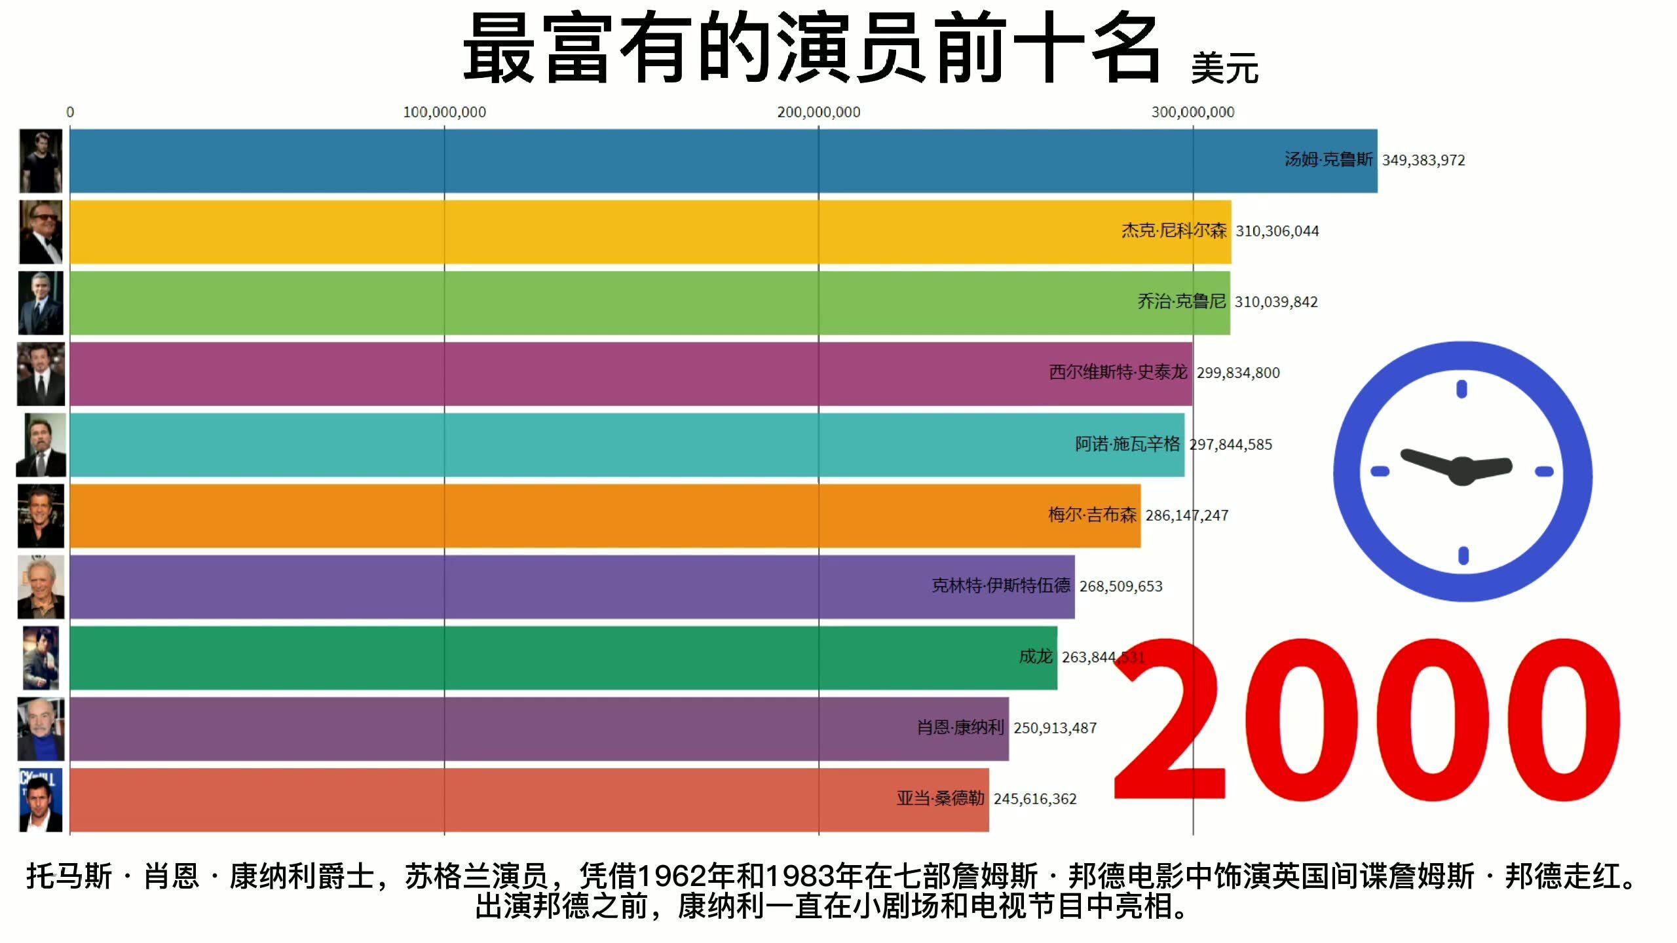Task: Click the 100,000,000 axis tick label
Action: coord(444,113)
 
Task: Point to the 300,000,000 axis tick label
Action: coord(1192,113)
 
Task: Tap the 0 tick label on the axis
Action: coord(70,113)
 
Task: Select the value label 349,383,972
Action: coord(1423,160)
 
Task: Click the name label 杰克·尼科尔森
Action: coord(1173,231)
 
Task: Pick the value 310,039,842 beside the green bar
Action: coord(1276,302)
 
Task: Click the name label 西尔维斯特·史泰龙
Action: coord(1118,373)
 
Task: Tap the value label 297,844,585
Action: coord(1231,445)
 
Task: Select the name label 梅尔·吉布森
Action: coord(1092,515)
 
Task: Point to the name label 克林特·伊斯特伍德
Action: coord(1001,585)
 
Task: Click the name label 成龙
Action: coord(1035,656)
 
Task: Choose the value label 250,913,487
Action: coord(1055,728)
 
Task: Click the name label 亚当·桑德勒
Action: coord(940,799)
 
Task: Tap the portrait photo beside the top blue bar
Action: coord(41,161)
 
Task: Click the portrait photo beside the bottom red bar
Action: coord(41,800)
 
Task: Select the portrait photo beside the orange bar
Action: coord(41,516)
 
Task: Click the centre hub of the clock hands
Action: coord(1462,470)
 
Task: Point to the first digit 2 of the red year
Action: coord(1170,720)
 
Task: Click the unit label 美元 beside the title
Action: coord(1224,68)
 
